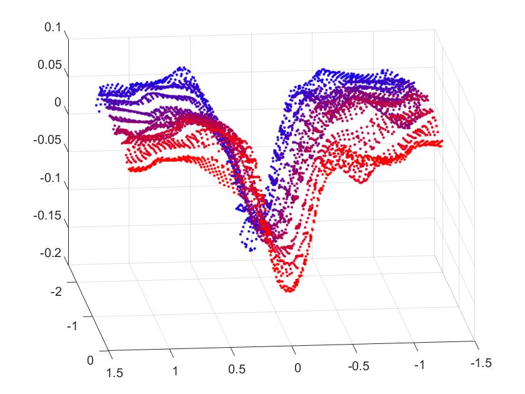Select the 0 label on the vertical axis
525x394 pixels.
point(59,102)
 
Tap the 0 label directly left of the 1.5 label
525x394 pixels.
point(92,360)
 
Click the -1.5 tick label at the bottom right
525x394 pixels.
point(482,361)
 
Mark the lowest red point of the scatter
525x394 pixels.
point(288,290)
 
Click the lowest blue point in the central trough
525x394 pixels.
point(252,250)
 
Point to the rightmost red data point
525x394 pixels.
point(441,143)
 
